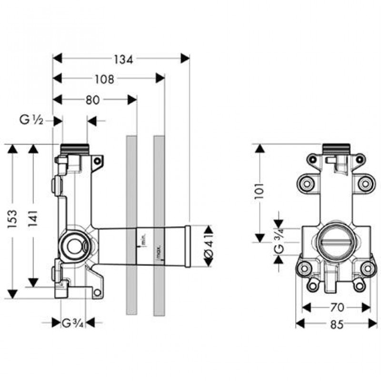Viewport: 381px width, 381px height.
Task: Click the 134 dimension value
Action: pyautogui.click(x=122, y=59)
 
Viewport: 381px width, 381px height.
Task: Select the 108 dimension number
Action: pyautogui.click(x=104, y=80)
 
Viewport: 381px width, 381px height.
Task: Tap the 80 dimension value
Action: pyautogui.click(x=93, y=100)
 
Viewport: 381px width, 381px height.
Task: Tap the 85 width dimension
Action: pyautogui.click(x=336, y=324)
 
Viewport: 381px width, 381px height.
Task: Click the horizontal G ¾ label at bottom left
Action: pyautogui.click(x=73, y=323)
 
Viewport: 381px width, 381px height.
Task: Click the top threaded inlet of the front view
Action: pyautogui.click(x=336, y=149)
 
